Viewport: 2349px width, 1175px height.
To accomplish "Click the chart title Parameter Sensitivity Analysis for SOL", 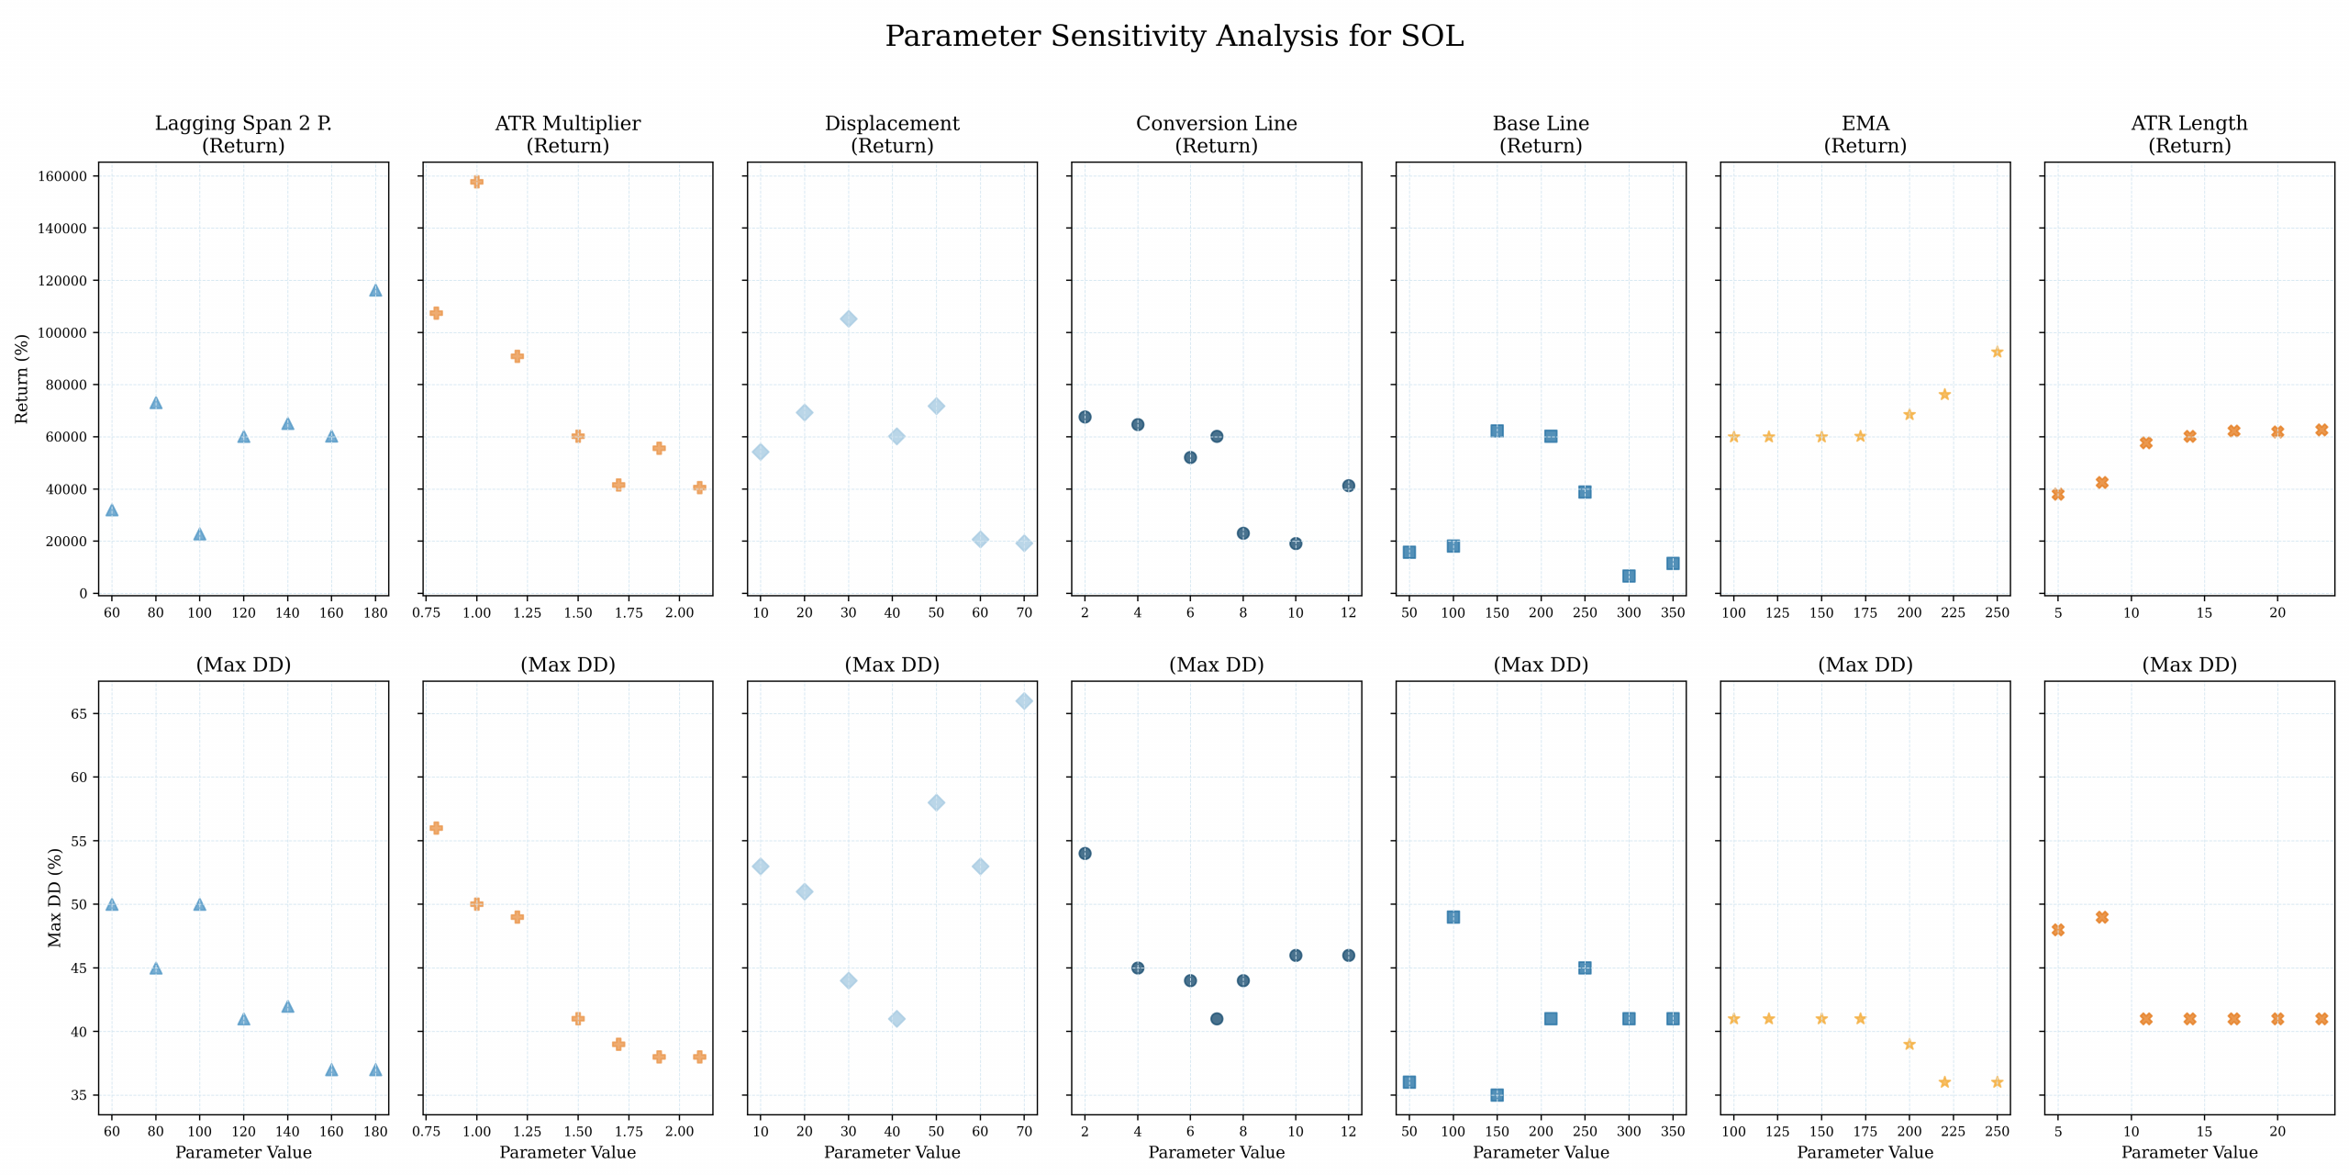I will click(1174, 37).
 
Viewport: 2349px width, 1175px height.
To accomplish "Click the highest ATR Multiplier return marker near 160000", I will click(476, 182).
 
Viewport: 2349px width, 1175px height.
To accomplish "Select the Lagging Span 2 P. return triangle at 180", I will click(375, 290).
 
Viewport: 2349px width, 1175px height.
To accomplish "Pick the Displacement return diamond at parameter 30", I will click(849, 319).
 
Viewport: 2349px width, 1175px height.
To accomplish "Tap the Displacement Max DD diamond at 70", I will click(1024, 701).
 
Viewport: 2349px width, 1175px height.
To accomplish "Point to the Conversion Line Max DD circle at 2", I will click(1085, 854).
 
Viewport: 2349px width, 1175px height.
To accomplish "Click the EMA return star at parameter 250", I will click(1997, 352).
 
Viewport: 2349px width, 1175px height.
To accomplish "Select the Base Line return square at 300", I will click(1629, 576).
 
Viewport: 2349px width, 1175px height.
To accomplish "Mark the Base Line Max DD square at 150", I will click(1497, 1095).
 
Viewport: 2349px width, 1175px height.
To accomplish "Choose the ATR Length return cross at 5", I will click(2058, 495).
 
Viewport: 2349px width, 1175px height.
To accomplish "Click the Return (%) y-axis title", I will click(22, 378).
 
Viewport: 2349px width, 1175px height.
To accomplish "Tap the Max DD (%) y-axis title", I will click(55, 898).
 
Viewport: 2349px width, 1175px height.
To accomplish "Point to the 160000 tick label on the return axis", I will click(61, 176).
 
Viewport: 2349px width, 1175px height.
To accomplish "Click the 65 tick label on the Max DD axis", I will click(79, 714).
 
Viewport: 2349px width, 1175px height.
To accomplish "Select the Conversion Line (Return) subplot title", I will click(1216, 134).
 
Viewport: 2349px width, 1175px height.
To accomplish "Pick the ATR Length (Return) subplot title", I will click(2188, 134).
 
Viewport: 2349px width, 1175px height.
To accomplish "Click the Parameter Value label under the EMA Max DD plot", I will click(1865, 1153).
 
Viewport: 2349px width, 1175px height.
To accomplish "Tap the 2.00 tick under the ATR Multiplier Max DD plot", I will click(679, 1132).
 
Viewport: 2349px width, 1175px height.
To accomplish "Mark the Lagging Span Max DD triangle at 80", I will click(156, 968).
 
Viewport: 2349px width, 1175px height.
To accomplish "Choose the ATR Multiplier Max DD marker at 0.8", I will click(436, 828).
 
